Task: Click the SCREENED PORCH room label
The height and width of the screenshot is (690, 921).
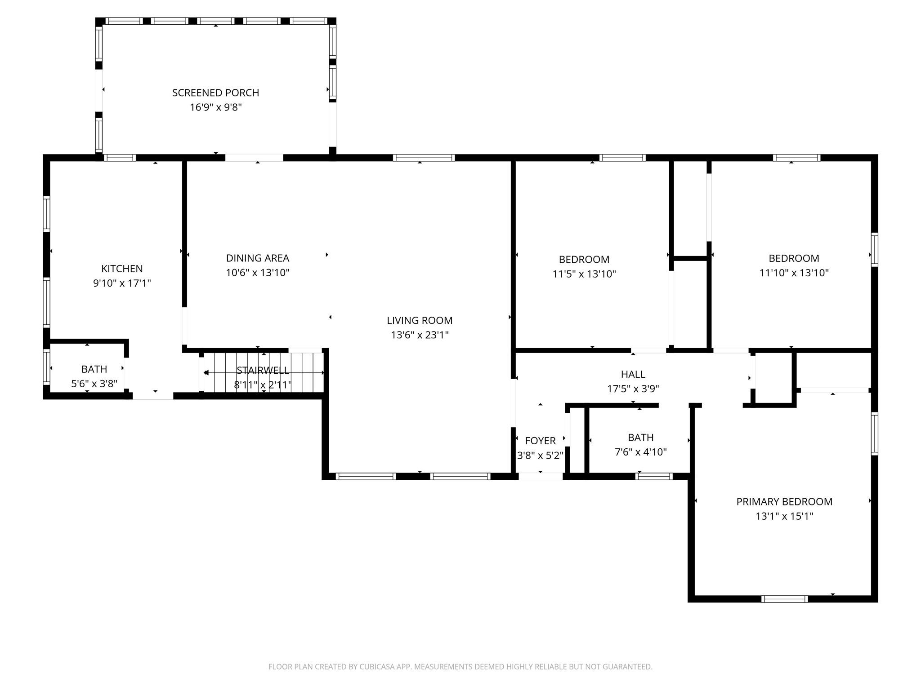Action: (x=215, y=93)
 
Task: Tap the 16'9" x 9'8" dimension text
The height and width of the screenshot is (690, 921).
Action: (x=215, y=107)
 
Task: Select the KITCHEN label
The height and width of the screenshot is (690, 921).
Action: (x=122, y=269)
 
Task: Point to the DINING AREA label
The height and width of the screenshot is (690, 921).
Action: (x=257, y=258)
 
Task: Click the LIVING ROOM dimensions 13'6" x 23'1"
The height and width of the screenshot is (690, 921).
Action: (x=420, y=335)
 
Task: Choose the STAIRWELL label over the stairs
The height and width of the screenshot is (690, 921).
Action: (x=263, y=370)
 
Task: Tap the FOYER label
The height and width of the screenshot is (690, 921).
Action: (x=540, y=441)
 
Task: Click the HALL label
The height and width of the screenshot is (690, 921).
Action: (x=633, y=374)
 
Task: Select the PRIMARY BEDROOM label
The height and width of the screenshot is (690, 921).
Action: (x=784, y=502)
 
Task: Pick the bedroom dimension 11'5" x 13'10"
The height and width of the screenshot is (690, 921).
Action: (x=584, y=274)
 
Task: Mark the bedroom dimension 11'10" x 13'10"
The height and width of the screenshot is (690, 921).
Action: (x=794, y=273)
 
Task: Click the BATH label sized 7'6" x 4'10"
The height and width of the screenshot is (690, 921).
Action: (x=640, y=438)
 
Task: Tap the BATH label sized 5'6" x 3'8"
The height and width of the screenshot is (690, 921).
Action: (x=94, y=369)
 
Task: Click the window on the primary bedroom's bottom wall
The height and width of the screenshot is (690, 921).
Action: (x=784, y=599)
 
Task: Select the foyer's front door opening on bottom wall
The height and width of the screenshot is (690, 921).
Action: (x=540, y=477)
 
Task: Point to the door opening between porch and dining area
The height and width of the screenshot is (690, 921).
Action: (x=254, y=158)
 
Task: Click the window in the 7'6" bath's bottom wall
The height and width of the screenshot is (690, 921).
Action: (x=654, y=477)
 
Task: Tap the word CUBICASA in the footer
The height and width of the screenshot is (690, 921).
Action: (x=378, y=667)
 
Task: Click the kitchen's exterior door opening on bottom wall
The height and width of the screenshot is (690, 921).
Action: (x=153, y=396)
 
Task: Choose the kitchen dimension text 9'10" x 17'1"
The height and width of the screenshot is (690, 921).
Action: (x=122, y=283)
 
